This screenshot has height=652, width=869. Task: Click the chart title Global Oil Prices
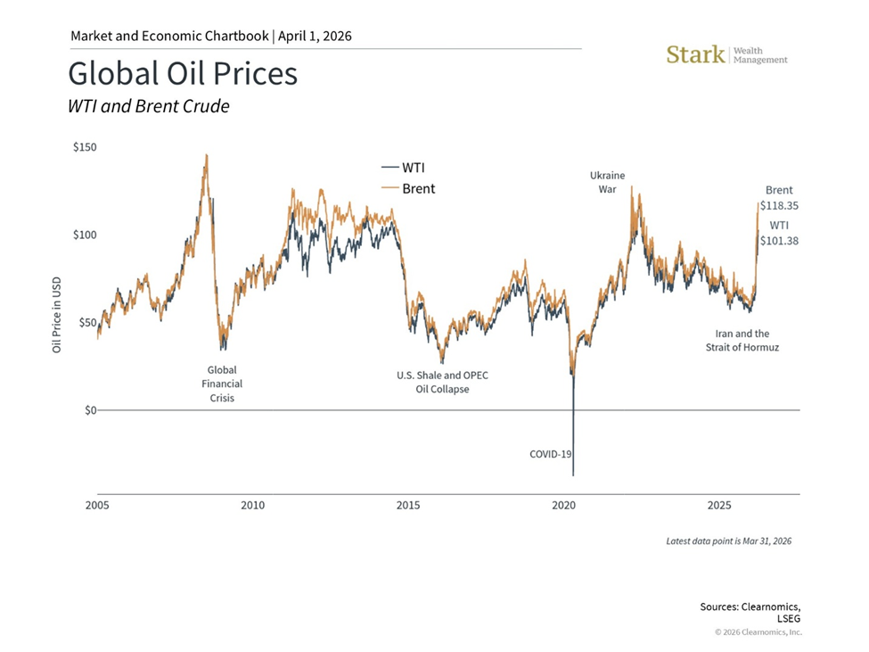pos(183,73)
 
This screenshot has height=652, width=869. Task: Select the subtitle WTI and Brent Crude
pos(148,106)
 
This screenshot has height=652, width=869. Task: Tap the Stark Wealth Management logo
pos(726,54)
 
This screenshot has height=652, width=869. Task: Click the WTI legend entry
pos(408,168)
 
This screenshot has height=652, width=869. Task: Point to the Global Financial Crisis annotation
pos(222,384)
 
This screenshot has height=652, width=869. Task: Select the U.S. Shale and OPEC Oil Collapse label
pos(442,382)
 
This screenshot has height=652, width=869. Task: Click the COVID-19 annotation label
pos(550,454)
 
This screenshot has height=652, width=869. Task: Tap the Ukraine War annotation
pos(607,182)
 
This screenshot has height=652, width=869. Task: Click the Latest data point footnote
pos(728,541)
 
